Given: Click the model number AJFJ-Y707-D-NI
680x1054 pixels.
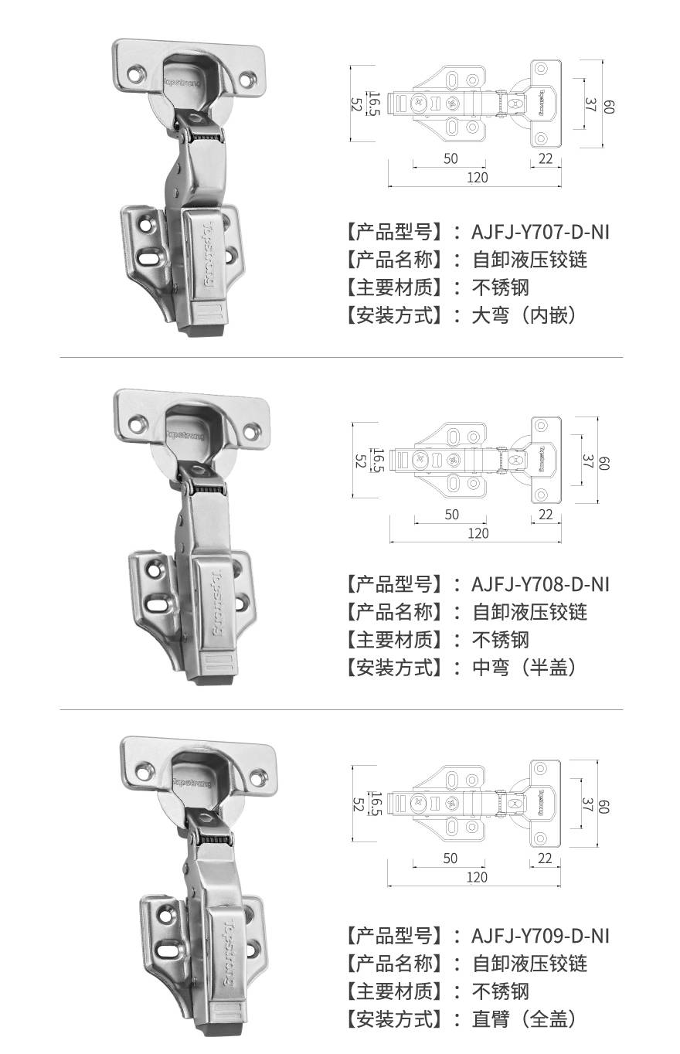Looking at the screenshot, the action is [x=540, y=233].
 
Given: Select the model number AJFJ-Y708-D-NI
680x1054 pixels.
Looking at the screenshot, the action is [x=540, y=584].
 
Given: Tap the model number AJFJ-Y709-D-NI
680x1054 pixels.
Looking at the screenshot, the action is [x=540, y=936].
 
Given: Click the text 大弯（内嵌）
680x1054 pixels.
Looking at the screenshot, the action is [x=524, y=315].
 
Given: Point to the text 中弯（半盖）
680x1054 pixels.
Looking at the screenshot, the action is [x=524, y=667].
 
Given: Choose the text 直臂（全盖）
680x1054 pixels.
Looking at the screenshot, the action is [x=524, y=1019].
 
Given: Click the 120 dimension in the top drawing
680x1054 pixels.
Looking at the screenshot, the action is [x=478, y=178].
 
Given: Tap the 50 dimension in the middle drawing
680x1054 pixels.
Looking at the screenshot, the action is [x=451, y=515].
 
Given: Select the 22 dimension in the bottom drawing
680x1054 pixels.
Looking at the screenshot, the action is [x=545, y=858].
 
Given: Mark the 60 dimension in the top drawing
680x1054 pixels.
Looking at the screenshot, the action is [x=608, y=107].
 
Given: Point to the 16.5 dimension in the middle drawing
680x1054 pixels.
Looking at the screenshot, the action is [x=377, y=460].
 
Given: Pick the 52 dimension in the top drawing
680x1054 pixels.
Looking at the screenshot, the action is [x=356, y=104].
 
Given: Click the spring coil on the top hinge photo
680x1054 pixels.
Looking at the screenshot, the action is [x=206, y=138].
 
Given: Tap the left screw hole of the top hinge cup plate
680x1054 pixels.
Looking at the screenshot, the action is [x=136, y=74].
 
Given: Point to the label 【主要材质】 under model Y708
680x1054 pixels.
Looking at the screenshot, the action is [x=394, y=640].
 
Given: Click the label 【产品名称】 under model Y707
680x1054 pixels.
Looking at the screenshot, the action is [x=394, y=260].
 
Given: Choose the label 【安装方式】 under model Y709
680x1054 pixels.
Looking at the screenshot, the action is [x=394, y=1019].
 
